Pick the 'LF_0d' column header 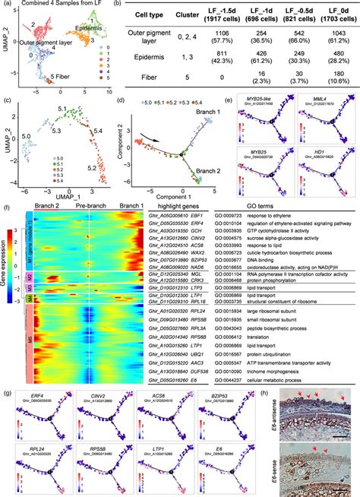pyautogui.click(x=333, y=15)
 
